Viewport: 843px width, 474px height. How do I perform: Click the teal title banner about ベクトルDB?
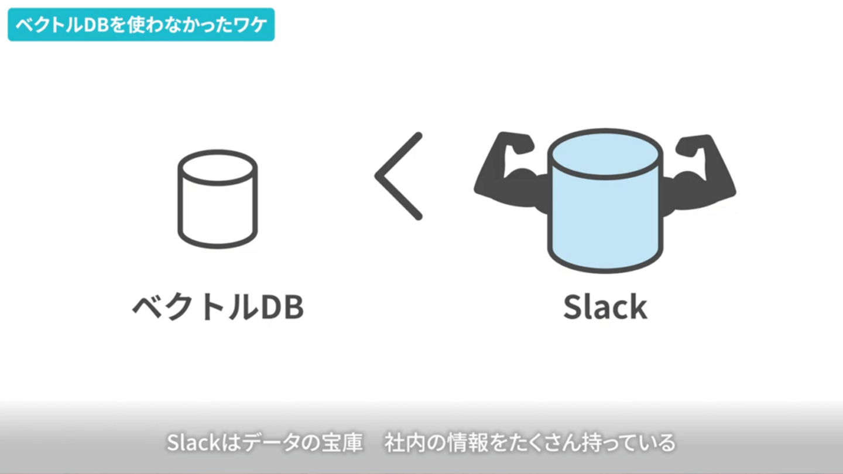[140, 25]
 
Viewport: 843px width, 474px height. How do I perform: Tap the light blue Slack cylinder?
[605, 217]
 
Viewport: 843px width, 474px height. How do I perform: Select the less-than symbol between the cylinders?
[399, 176]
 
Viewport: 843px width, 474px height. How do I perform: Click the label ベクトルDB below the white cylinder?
[218, 307]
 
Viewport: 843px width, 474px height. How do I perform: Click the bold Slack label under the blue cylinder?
[605, 307]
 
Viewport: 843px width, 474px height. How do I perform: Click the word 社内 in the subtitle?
[406, 442]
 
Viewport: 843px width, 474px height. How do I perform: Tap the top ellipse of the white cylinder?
[217, 167]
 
